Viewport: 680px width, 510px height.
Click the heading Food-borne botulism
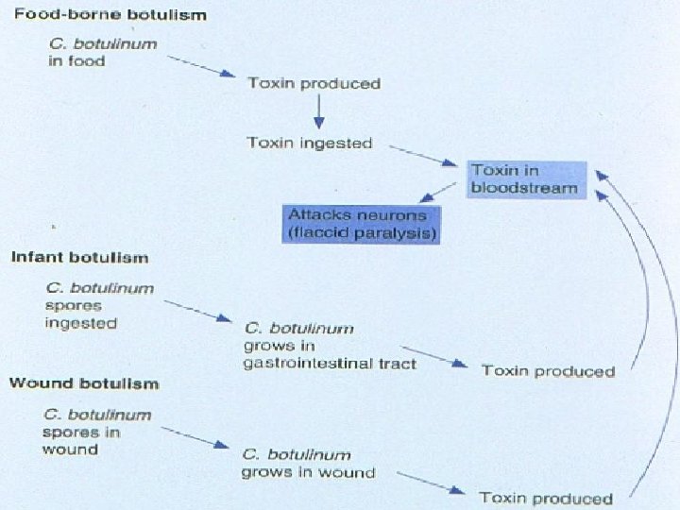pos(110,16)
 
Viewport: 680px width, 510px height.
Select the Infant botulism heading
pos(79,258)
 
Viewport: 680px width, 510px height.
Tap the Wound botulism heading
pos(83,383)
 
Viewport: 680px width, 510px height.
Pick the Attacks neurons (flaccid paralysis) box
pos(363,224)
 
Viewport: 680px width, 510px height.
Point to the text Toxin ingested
pos(310,144)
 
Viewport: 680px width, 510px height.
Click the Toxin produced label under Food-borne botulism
pos(314,83)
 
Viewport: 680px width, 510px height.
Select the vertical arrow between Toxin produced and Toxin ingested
pos(318,113)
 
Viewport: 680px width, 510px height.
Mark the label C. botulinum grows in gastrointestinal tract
pos(330,346)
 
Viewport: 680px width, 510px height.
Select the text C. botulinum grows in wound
pos(307,463)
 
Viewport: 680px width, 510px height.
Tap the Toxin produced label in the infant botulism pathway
pos(548,370)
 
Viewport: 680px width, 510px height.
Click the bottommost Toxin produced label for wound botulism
pos(546,498)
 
